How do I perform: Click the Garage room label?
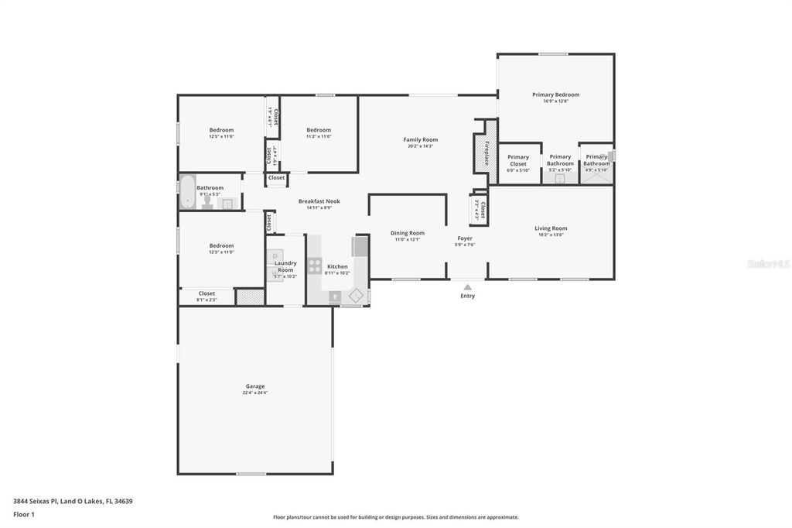(254, 386)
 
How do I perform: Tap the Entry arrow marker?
(467, 287)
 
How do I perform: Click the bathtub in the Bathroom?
(186, 192)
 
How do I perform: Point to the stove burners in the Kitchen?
(315, 266)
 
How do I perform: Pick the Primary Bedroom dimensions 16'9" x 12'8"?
(555, 101)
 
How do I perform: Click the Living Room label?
(551, 228)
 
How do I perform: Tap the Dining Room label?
(407, 233)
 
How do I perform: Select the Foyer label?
(465, 238)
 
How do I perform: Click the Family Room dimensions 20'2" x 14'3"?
(420, 146)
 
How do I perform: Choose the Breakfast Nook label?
(319, 201)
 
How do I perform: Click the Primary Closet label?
(518, 160)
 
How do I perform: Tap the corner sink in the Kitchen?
(357, 295)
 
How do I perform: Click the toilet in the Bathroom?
(207, 202)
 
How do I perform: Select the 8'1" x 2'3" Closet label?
(207, 293)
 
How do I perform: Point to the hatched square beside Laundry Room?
(250, 297)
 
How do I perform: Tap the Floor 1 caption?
(25, 514)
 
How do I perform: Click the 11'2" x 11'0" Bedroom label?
(318, 130)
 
